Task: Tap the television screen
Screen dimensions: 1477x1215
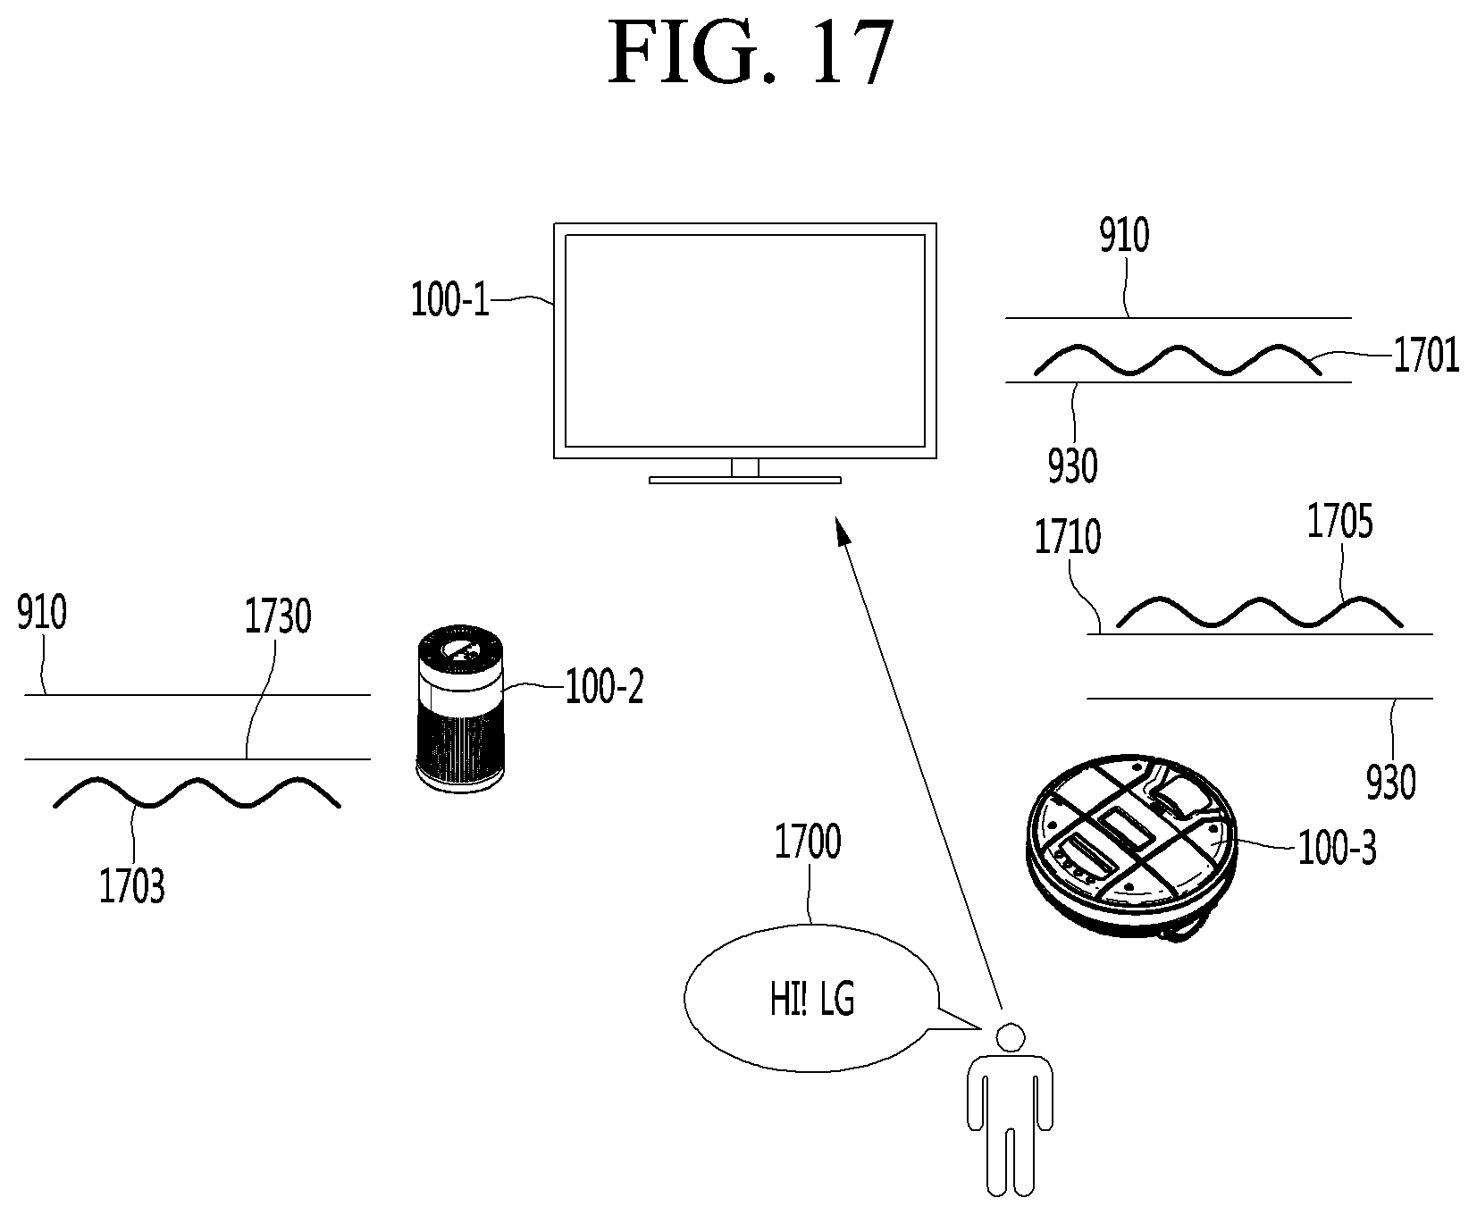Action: [745, 340]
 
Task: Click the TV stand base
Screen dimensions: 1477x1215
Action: [745, 480]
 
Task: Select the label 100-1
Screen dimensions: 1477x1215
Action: [450, 300]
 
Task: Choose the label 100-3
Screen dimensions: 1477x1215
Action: [1337, 848]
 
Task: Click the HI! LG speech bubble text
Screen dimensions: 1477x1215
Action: [812, 1001]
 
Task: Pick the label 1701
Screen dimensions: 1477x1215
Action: [1426, 356]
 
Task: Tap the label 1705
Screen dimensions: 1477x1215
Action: [1339, 522]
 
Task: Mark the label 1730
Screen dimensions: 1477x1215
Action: [278, 616]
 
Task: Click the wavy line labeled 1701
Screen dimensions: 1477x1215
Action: [1178, 359]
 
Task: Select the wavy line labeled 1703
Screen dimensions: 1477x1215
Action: [197, 792]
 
